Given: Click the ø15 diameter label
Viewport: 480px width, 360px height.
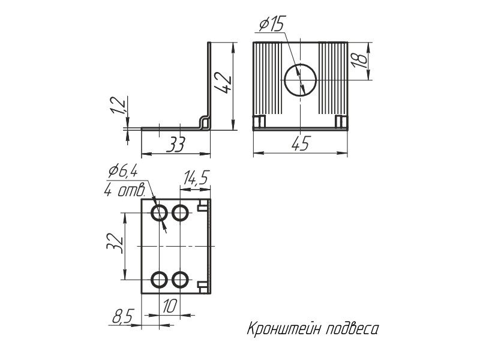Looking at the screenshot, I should tap(271, 25).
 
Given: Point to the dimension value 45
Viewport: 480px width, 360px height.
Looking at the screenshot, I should tap(301, 144).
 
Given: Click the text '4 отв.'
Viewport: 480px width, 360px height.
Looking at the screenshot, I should tap(125, 191).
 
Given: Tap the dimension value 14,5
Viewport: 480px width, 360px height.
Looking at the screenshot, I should tap(196, 178).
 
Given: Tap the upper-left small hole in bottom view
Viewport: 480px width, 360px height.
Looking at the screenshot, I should tap(160, 212).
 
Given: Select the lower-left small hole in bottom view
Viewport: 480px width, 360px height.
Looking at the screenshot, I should tap(160, 280).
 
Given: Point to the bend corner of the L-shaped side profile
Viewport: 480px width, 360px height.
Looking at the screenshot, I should tap(206, 123).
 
